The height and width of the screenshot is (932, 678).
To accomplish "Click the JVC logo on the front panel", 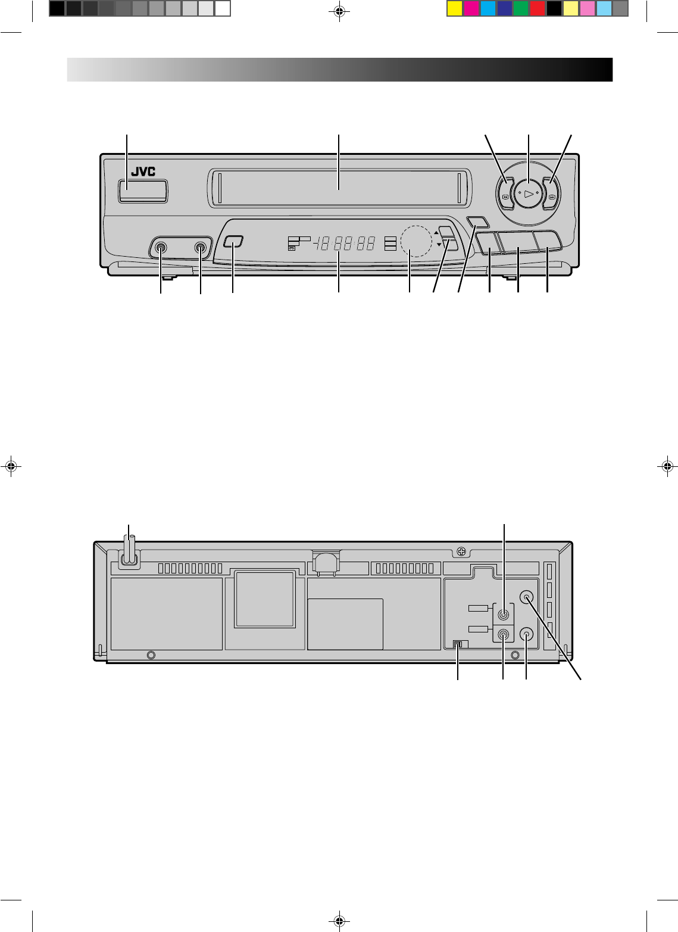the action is pos(143,172).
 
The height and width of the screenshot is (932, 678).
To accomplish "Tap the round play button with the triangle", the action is pos(528,194).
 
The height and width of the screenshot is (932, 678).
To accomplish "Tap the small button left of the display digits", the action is pos(233,242).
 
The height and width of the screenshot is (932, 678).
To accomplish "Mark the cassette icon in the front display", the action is pos(292,248).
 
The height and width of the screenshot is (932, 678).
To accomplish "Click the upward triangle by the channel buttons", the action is pos(436,232).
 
